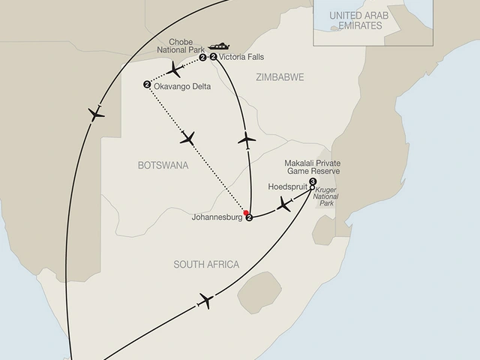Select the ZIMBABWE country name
click(278, 77)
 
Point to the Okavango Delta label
click(181, 87)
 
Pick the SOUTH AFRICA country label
click(206, 265)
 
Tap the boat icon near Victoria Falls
click(220, 45)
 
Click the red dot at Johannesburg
click(245, 212)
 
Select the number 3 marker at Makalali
click(313, 181)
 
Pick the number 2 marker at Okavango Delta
click(146, 84)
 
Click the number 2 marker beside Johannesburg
click(250, 218)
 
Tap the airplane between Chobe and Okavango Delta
click(175, 70)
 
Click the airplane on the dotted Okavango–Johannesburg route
click(187, 138)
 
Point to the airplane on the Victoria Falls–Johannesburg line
click(247, 139)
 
